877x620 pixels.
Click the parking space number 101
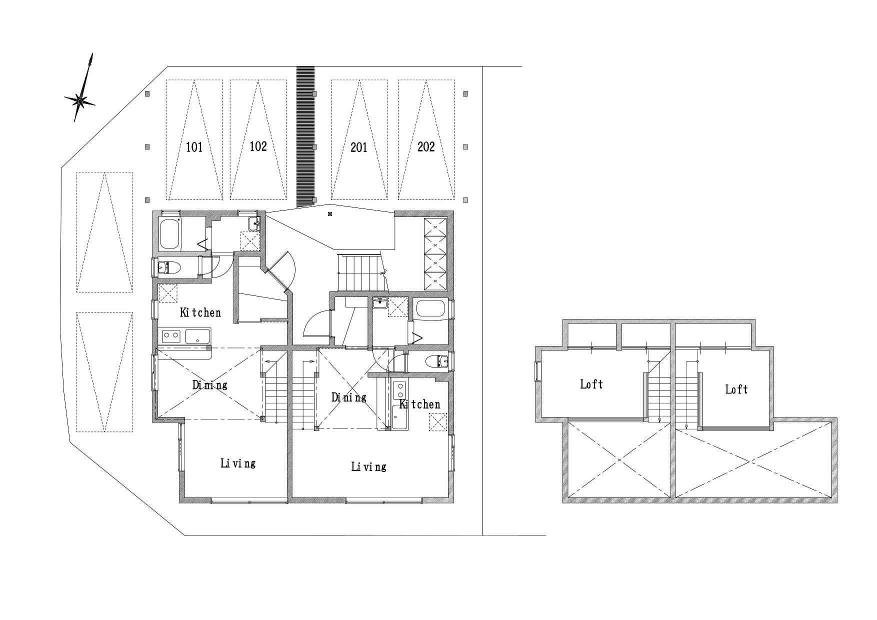[194, 147]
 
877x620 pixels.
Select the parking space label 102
[258, 146]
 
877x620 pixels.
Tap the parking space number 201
[358, 147]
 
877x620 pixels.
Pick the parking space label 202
[426, 146]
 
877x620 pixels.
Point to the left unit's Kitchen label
[200, 312]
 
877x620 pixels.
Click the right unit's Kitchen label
[420, 404]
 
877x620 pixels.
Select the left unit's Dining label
[210, 385]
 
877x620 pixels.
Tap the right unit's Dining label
[349, 397]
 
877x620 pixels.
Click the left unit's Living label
[238, 463]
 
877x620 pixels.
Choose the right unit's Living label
[369, 467]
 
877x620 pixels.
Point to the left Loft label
[591, 384]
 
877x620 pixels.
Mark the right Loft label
[736, 389]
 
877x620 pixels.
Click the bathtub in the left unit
[170, 234]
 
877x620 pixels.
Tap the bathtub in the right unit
[430, 308]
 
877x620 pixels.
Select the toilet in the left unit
[169, 268]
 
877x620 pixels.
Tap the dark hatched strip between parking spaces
[305, 137]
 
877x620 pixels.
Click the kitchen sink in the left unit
[198, 336]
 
